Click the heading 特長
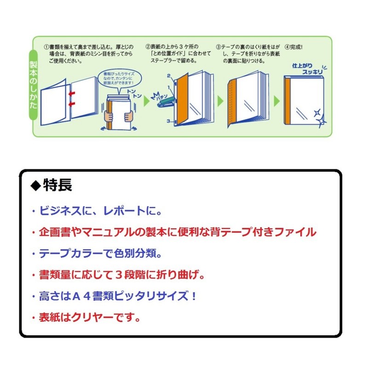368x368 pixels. click(57, 185)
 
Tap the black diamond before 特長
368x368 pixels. click(35, 185)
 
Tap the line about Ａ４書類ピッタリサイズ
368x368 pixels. click(115, 296)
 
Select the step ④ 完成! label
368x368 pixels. click(294, 47)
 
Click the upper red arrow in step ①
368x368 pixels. click(72, 94)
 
